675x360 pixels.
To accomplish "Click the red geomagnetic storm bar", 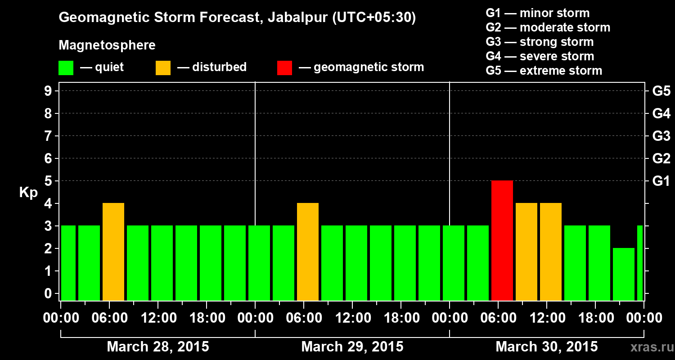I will pyautogui.click(x=502, y=240).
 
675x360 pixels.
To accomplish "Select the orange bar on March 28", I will pyautogui.click(x=113, y=252).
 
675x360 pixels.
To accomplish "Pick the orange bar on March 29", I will pyautogui.click(x=308, y=252).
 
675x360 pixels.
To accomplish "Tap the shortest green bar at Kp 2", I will pyautogui.click(x=624, y=274).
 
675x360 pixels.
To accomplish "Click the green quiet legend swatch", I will pyautogui.click(x=66, y=68).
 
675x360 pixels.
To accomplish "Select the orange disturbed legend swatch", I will pyautogui.click(x=163, y=68).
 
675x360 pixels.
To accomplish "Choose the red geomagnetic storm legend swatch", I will pyautogui.click(x=284, y=68).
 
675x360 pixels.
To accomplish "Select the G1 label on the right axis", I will pyautogui.click(x=661, y=181).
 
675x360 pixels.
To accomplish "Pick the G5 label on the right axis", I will pyautogui.click(x=661, y=91).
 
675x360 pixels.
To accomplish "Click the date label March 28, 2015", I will pyautogui.click(x=158, y=347).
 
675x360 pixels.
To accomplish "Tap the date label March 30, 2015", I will pyautogui.click(x=547, y=347).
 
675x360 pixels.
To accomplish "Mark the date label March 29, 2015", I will pyautogui.click(x=352, y=347).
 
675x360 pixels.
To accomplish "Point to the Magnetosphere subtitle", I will pyautogui.click(x=107, y=45).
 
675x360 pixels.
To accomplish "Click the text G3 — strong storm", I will pyautogui.click(x=540, y=42).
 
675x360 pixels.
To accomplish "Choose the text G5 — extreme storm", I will pyautogui.click(x=544, y=71).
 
